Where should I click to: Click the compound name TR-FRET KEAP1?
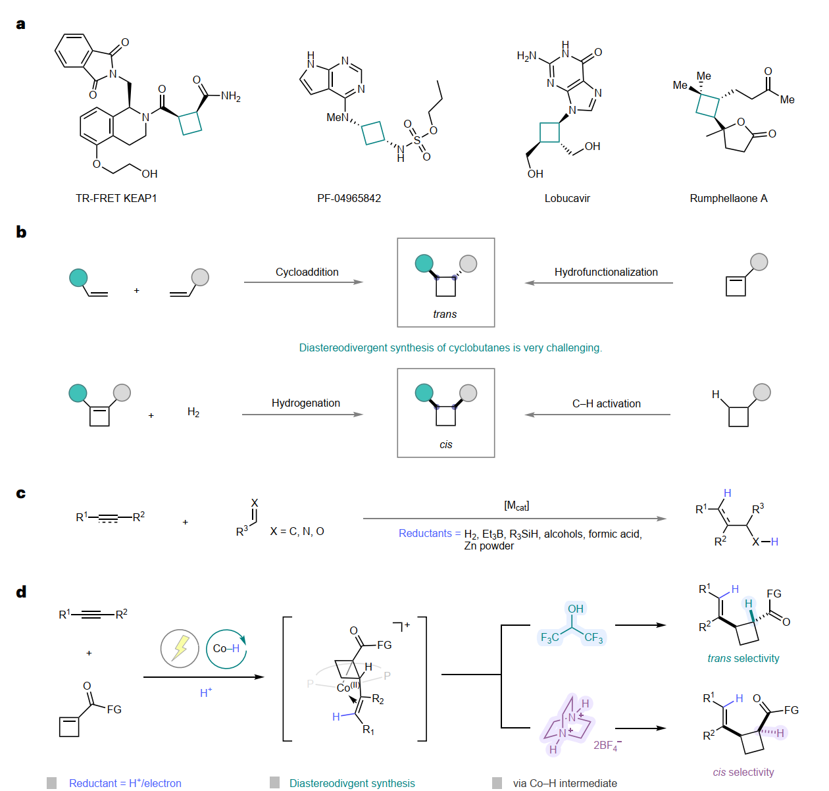[116, 198]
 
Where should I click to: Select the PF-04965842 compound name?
[349, 198]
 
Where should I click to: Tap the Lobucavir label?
[567, 198]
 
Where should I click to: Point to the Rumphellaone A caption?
[728, 198]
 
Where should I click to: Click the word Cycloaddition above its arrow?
[307, 272]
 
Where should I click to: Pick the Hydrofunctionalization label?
[606, 272]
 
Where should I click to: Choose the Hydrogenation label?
[306, 403]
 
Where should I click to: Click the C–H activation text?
[606, 403]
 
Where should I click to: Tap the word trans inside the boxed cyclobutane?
[445, 314]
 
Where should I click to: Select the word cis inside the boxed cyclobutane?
[446, 444]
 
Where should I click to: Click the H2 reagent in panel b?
[193, 413]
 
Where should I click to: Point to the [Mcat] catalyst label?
[516, 505]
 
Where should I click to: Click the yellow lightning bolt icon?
[180, 648]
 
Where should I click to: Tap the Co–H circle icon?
[226, 649]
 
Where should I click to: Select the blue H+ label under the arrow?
[206, 693]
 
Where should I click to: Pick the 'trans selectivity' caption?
[743, 658]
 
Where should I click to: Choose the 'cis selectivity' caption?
[743, 772]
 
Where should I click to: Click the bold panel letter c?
[21, 494]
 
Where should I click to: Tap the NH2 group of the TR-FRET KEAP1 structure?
[230, 97]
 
